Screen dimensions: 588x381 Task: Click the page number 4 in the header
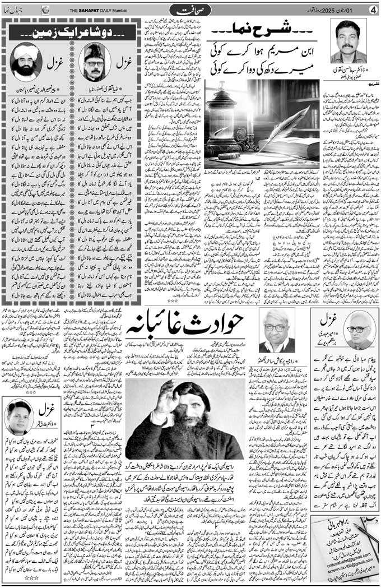point(372,9)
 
